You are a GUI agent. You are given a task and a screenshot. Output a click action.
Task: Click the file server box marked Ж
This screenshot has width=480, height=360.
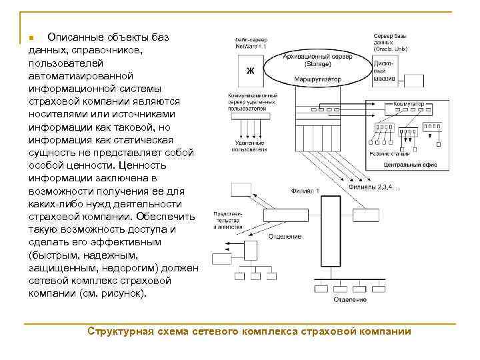click(251, 69)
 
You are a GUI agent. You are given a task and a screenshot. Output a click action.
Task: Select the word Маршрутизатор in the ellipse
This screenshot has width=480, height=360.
click(318, 79)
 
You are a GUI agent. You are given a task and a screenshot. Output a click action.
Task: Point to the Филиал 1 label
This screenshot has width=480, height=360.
click(305, 191)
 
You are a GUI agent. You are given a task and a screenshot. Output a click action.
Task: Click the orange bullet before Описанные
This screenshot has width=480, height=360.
click(31, 38)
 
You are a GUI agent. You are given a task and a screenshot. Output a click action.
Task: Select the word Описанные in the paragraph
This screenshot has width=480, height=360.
click(74, 37)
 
